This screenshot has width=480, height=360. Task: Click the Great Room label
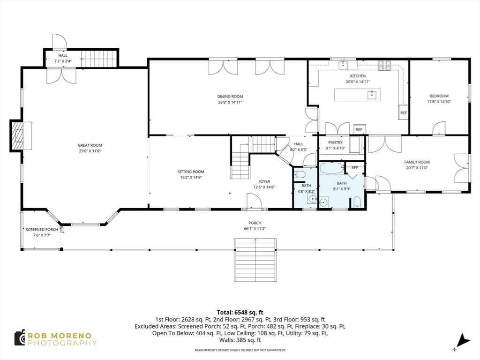click(x=90, y=145)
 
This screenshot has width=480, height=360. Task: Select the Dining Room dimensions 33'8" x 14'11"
click(x=230, y=102)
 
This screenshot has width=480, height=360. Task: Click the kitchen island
click(x=357, y=95)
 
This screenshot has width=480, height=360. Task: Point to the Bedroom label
click(x=439, y=96)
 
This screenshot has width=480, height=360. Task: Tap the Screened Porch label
click(x=42, y=230)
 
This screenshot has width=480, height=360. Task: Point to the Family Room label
click(x=417, y=162)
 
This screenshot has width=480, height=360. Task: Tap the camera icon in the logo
click(x=20, y=338)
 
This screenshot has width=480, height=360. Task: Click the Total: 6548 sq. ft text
click(x=240, y=312)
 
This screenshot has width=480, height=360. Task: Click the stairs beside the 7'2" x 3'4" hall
click(x=98, y=59)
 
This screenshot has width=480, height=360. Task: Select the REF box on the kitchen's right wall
click(x=403, y=113)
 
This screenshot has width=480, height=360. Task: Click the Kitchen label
click(x=358, y=76)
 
